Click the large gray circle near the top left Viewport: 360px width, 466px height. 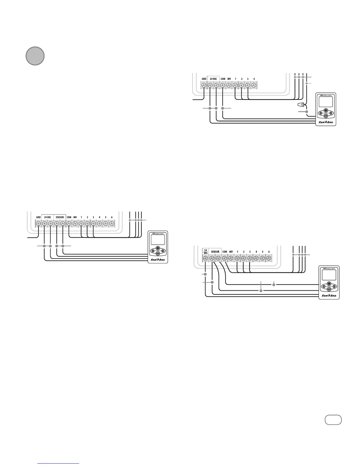35,56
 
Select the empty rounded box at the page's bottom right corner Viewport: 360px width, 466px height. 333,420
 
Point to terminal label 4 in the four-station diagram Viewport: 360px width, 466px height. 254,79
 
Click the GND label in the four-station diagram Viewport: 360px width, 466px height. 204,79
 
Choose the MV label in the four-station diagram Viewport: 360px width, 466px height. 229,79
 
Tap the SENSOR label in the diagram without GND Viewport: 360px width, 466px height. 215,252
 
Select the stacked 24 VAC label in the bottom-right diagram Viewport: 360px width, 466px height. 205,252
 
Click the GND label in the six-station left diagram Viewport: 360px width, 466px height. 38,217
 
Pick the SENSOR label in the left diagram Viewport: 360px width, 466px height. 60,217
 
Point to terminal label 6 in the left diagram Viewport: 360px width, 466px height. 112,217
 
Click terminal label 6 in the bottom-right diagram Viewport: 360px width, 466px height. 269,252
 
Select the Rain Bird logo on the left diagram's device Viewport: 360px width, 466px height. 158,259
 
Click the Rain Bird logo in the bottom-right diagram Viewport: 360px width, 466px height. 329,296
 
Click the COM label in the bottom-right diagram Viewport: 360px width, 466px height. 225,252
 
